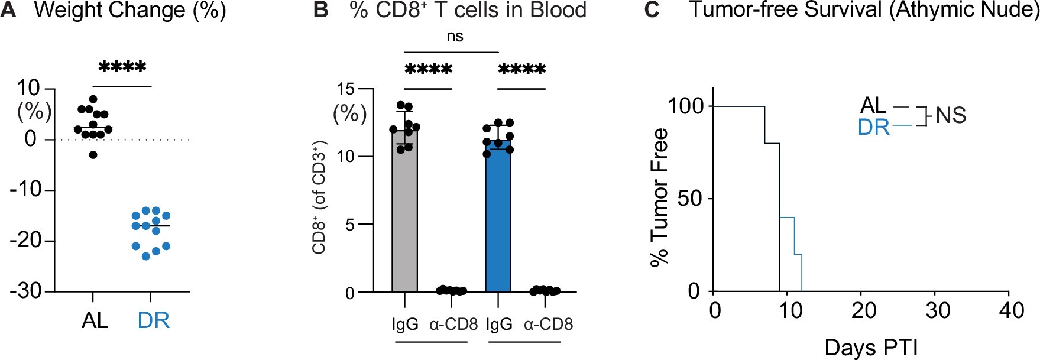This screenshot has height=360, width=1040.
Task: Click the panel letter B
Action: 320,11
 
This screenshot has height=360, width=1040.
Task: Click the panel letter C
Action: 651,11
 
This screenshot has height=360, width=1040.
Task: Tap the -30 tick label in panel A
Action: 26,291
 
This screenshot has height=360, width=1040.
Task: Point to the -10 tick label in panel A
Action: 26,190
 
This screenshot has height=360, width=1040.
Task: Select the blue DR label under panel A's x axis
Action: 153,320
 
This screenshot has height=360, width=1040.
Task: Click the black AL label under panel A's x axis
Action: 95,320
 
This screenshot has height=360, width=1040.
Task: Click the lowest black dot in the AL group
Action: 93,155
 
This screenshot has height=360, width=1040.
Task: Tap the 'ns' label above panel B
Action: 455,37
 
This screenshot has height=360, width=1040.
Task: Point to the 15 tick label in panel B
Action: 345,89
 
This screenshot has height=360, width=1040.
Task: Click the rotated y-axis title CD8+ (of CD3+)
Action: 320,197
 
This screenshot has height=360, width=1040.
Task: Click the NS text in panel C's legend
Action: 951,115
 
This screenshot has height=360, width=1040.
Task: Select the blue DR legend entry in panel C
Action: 873,127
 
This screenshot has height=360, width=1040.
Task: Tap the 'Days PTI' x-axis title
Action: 870,348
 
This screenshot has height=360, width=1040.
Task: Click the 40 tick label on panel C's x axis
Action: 1011,310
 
